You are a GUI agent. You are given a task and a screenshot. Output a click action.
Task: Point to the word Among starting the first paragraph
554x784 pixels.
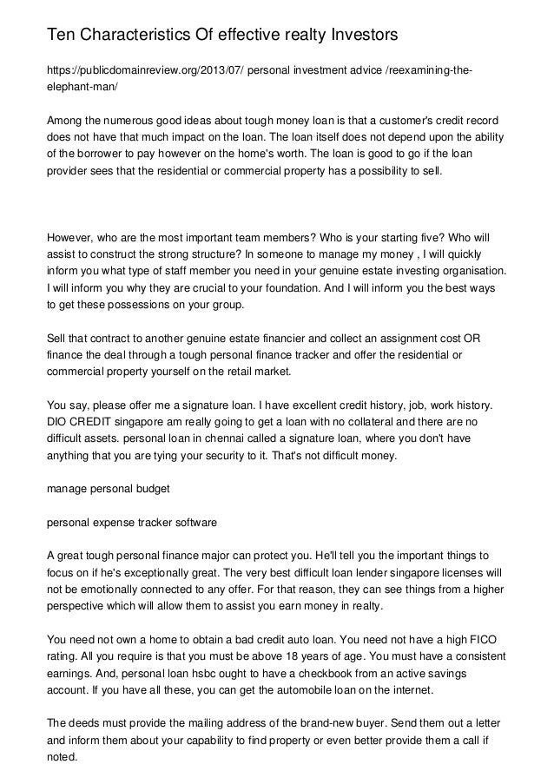(x=64, y=119)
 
